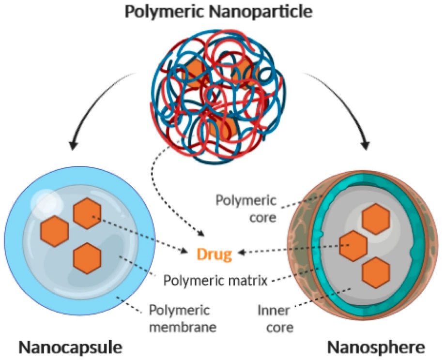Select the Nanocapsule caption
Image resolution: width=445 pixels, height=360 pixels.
70,346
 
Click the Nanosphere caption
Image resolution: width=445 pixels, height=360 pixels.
376,346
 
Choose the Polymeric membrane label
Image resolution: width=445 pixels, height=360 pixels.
182,317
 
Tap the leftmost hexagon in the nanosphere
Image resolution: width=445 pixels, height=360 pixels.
353,245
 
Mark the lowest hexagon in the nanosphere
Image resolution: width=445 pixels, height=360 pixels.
376,272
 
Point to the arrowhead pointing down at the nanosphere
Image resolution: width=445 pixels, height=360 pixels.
367,145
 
